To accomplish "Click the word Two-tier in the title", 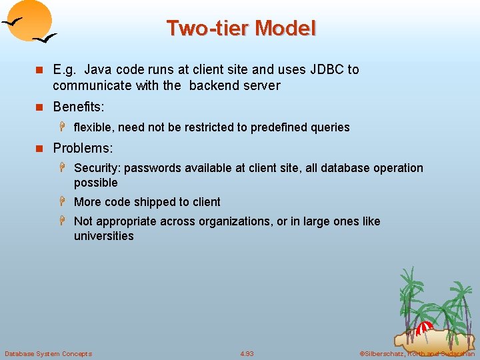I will (207, 29).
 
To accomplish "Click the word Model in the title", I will (285, 29).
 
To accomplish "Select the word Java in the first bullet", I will (99, 69).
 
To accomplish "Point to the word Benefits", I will (79, 107).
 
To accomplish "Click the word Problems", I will (81, 148).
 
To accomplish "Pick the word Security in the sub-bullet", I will (99, 168).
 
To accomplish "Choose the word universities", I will (104, 236).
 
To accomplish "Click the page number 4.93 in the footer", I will (247, 353).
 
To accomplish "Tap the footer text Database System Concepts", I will (49, 353).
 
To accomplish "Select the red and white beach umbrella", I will (425, 329).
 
